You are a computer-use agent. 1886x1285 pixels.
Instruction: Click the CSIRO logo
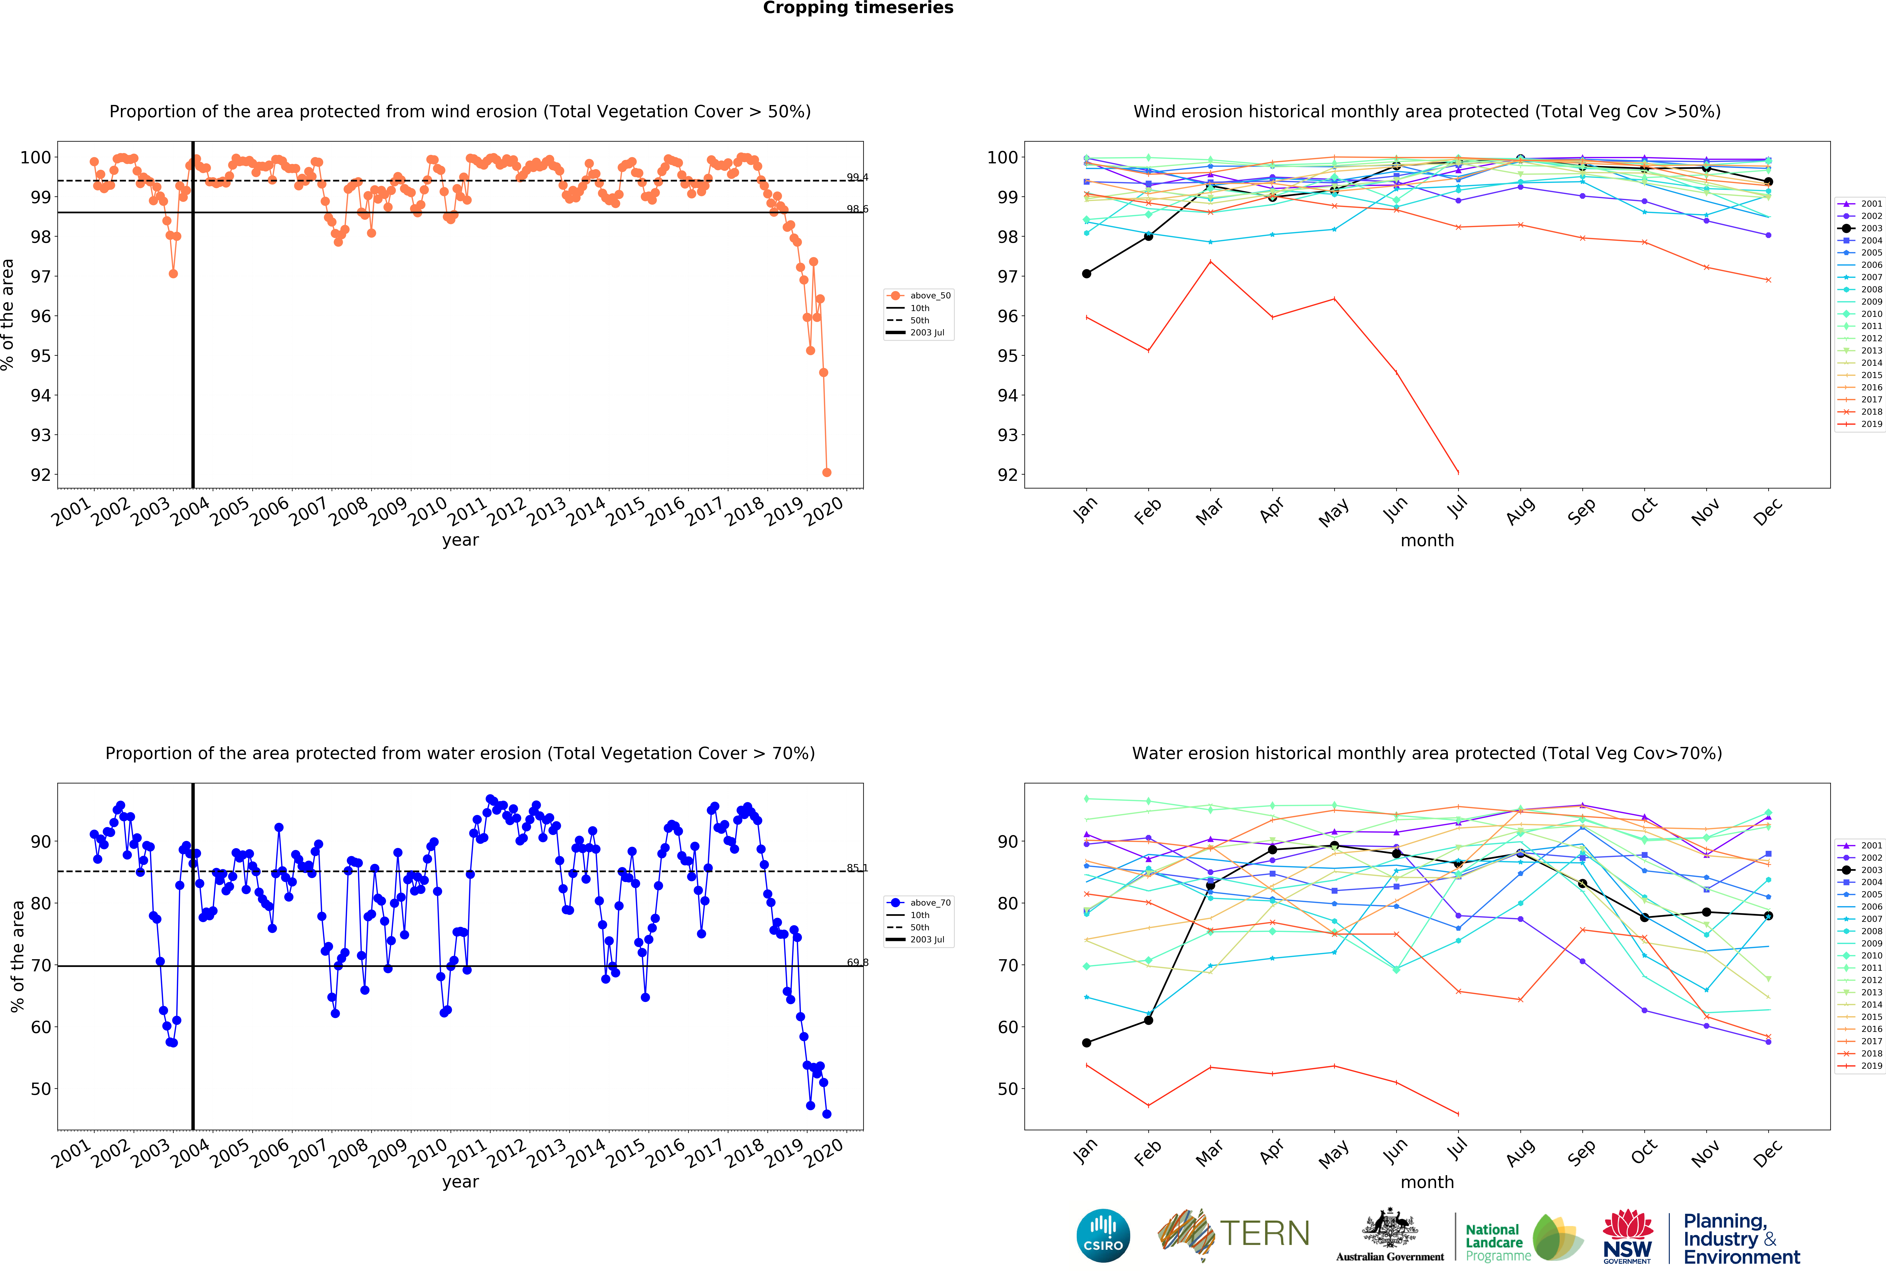click(x=1103, y=1236)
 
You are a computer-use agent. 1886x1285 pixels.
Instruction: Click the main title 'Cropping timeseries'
click(x=858, y=8)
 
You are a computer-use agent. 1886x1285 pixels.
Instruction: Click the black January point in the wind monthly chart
click(x=1087, y=273)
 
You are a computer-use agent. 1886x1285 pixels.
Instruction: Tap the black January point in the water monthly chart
click(x=1087, y=1042)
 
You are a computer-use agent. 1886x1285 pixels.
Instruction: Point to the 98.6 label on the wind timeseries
click(x=857, y=209)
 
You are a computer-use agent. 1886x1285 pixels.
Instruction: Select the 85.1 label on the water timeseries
click(x=857, y=868)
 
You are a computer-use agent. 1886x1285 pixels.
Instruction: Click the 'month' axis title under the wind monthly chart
click(x=1427, y=540)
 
